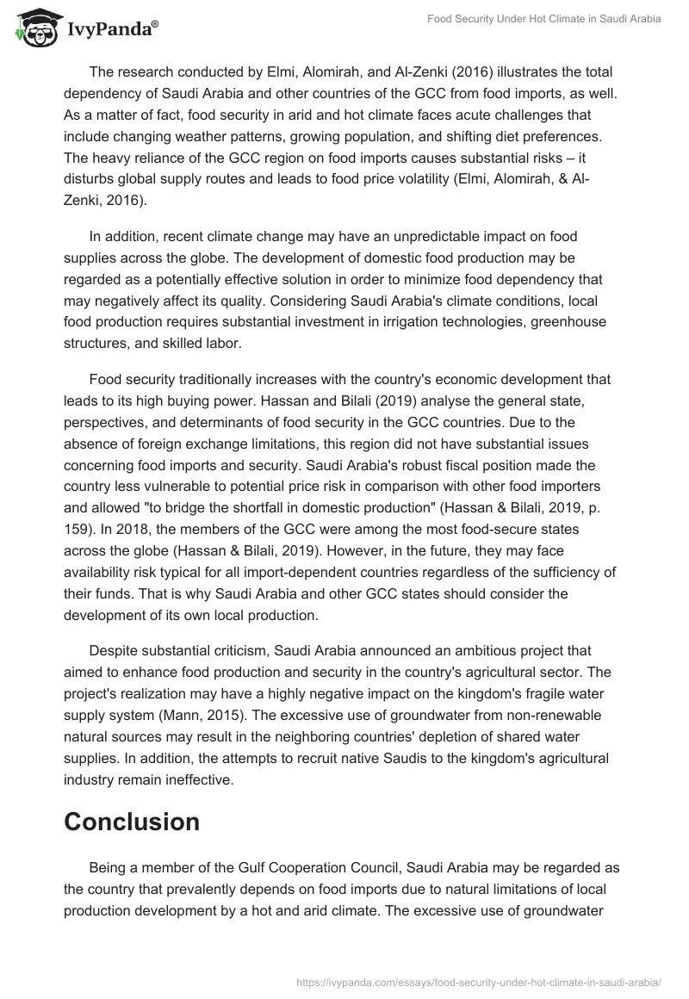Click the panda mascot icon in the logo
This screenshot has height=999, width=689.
tap(32, 28)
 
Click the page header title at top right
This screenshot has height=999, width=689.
tap(544, 19)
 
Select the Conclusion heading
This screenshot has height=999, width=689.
tap(132, 822)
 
